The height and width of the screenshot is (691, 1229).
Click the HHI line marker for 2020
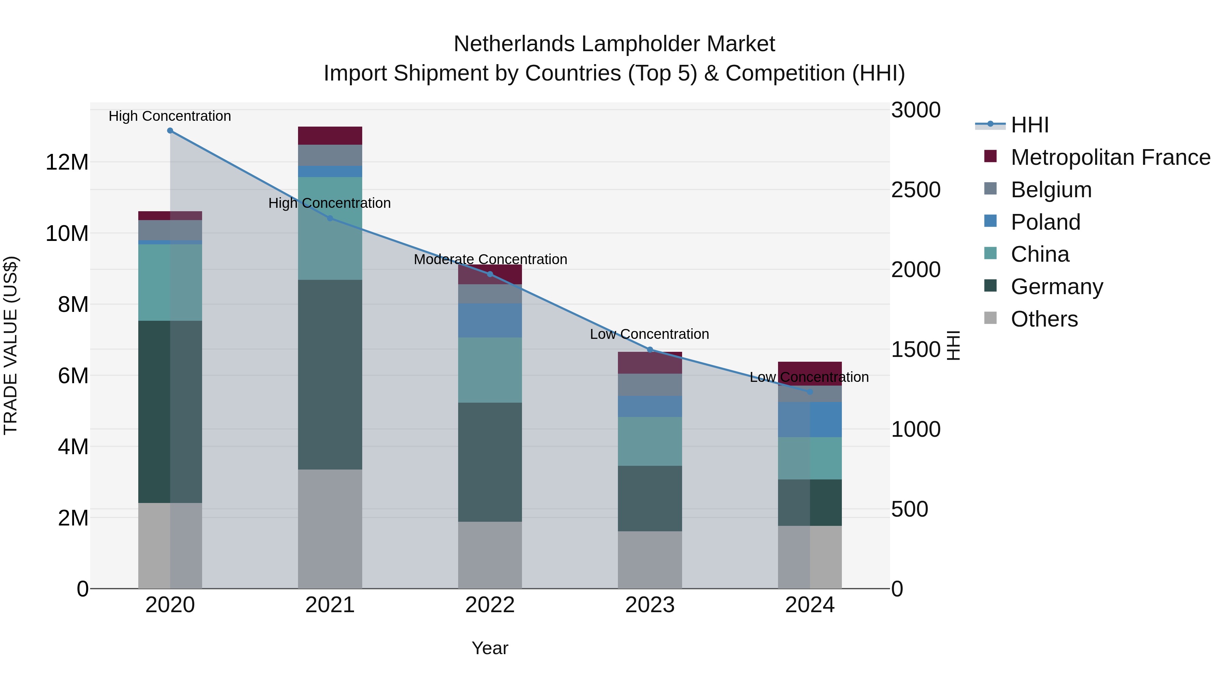click(x=170, y=131)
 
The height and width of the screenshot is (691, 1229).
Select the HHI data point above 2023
click(x=650, y=349)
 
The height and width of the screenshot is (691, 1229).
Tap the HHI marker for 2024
click(x=810, y=391)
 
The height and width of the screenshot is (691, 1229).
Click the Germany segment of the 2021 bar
click(x=330, y=374)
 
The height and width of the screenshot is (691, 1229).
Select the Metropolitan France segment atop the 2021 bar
click(x=330, y=135)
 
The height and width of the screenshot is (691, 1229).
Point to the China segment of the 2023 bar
click(x=650, y=441)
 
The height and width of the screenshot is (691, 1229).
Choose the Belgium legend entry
click(x=1051, y=189)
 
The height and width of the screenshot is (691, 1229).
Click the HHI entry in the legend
click(x=1030, y=125)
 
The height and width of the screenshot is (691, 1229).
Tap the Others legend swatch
click(x=990, y=318)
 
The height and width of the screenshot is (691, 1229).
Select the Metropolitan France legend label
click(x=1110, y=157)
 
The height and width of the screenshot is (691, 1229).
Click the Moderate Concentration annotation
click(x=490, y=259)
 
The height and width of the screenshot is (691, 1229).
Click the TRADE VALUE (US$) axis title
click(x=11, y=345)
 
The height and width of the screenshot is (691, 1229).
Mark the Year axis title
click(x=490, y=648)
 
